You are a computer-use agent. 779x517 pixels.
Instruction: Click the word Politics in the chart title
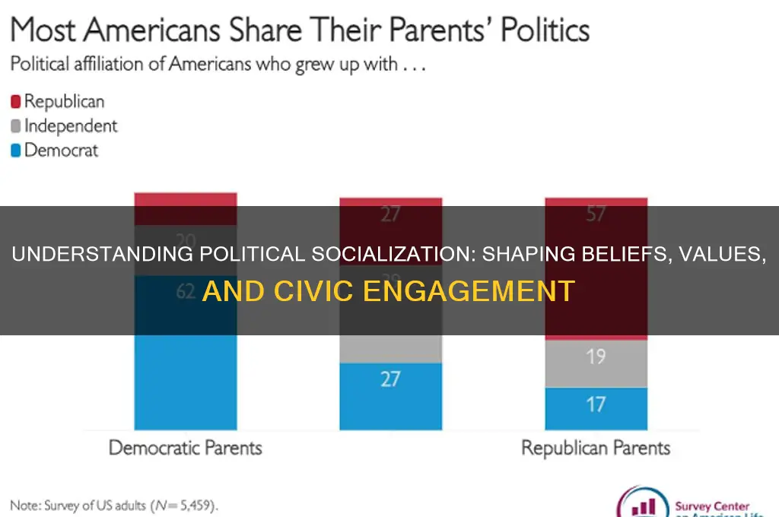tap(533, 30)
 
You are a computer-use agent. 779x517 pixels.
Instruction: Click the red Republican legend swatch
tap(16, 101)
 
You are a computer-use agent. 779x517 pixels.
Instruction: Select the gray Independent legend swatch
tap(16, 126)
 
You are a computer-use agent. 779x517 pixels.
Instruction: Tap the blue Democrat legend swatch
tap(16, 151)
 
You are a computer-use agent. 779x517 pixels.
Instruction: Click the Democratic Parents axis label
tap(185, 447)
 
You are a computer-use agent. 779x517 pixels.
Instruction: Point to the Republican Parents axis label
tap(596, 447)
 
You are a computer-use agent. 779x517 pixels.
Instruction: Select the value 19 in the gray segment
tap(596, 355)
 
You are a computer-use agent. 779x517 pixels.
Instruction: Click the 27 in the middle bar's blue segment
tap(390, 379)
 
